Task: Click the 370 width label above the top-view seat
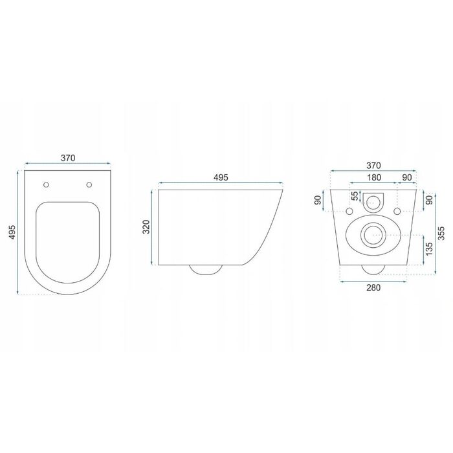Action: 68,158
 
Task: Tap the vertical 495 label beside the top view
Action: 12,232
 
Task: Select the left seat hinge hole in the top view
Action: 46,184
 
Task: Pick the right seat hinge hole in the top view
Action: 89,184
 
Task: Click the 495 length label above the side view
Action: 221,177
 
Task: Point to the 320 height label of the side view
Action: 147,226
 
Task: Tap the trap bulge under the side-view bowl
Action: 206,270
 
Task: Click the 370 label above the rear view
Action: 374,166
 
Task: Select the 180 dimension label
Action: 374,177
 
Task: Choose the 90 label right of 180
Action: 407,177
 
